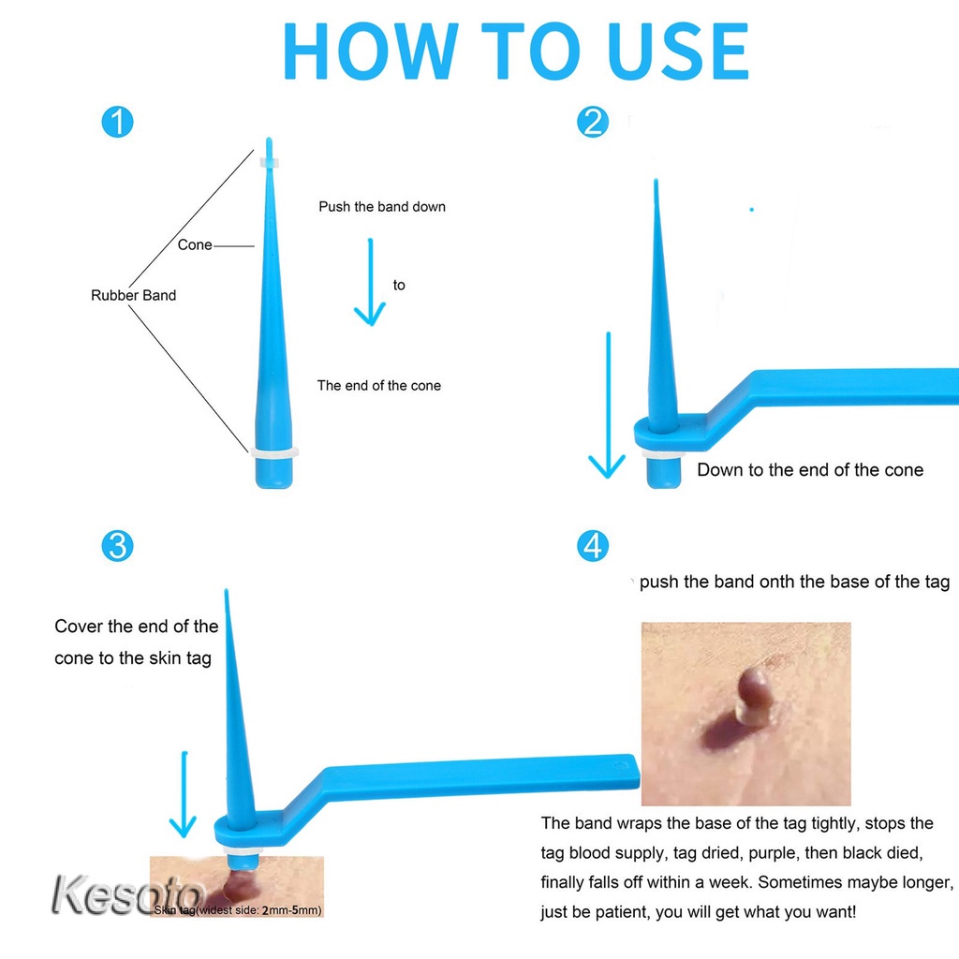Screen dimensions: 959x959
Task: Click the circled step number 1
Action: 117,122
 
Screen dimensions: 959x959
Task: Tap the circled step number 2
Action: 593,122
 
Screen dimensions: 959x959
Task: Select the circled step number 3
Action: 117,546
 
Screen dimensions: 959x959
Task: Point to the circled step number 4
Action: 593,546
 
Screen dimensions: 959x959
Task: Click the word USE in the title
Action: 679,52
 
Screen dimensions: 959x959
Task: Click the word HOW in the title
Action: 371,52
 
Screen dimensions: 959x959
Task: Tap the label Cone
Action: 195,244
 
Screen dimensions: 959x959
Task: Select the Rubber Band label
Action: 133,295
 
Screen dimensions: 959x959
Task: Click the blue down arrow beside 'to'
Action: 370,282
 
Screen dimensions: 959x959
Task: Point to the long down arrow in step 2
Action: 608,405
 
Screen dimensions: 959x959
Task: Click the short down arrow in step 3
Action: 184,794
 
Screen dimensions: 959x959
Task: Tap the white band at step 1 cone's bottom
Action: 274,452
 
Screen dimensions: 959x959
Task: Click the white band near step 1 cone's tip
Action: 269,163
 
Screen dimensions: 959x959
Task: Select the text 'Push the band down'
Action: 382,207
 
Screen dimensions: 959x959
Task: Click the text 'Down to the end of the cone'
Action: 810,470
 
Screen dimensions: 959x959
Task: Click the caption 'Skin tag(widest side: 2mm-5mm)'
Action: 238,910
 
